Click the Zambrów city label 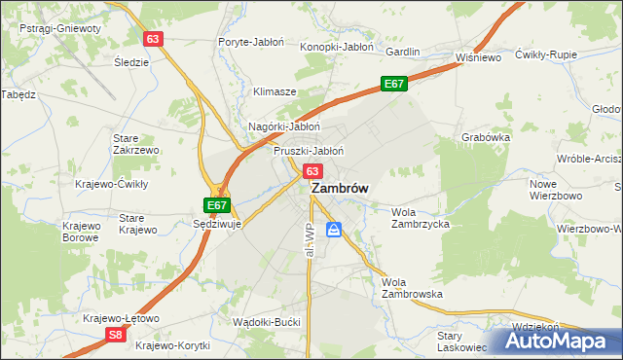coord(339,192)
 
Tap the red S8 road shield coord(115,335)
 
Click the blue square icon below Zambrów coord(334,230)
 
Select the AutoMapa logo coord(558,341)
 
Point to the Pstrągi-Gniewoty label coord(59,29)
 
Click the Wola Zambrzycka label coord(420,217)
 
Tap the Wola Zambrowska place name coord(412,287)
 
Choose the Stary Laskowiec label coord(461,340)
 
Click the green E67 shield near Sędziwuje coord(217,206)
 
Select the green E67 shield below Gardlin coord(393,85)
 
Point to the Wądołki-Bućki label coord(267,321)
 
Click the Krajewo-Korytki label coord(173,345)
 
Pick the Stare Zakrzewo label coord(135,145)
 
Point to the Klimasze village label coord(275,91)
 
